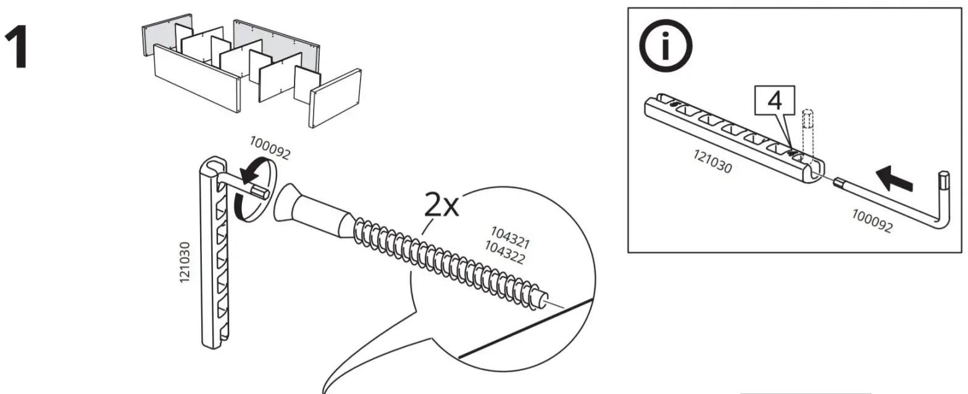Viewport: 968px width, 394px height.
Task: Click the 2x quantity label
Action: click(x=443, y=207)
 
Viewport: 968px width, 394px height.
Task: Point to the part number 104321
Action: click(x=510, y=237)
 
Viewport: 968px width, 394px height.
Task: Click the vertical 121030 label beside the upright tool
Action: click(x=185, y=262)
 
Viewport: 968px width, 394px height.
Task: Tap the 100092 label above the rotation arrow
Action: click(x=269, y=147)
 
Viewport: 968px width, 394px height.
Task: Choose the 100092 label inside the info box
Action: click(x=872, y=221)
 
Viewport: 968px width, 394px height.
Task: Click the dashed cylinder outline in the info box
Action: click(x=806, y=132)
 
